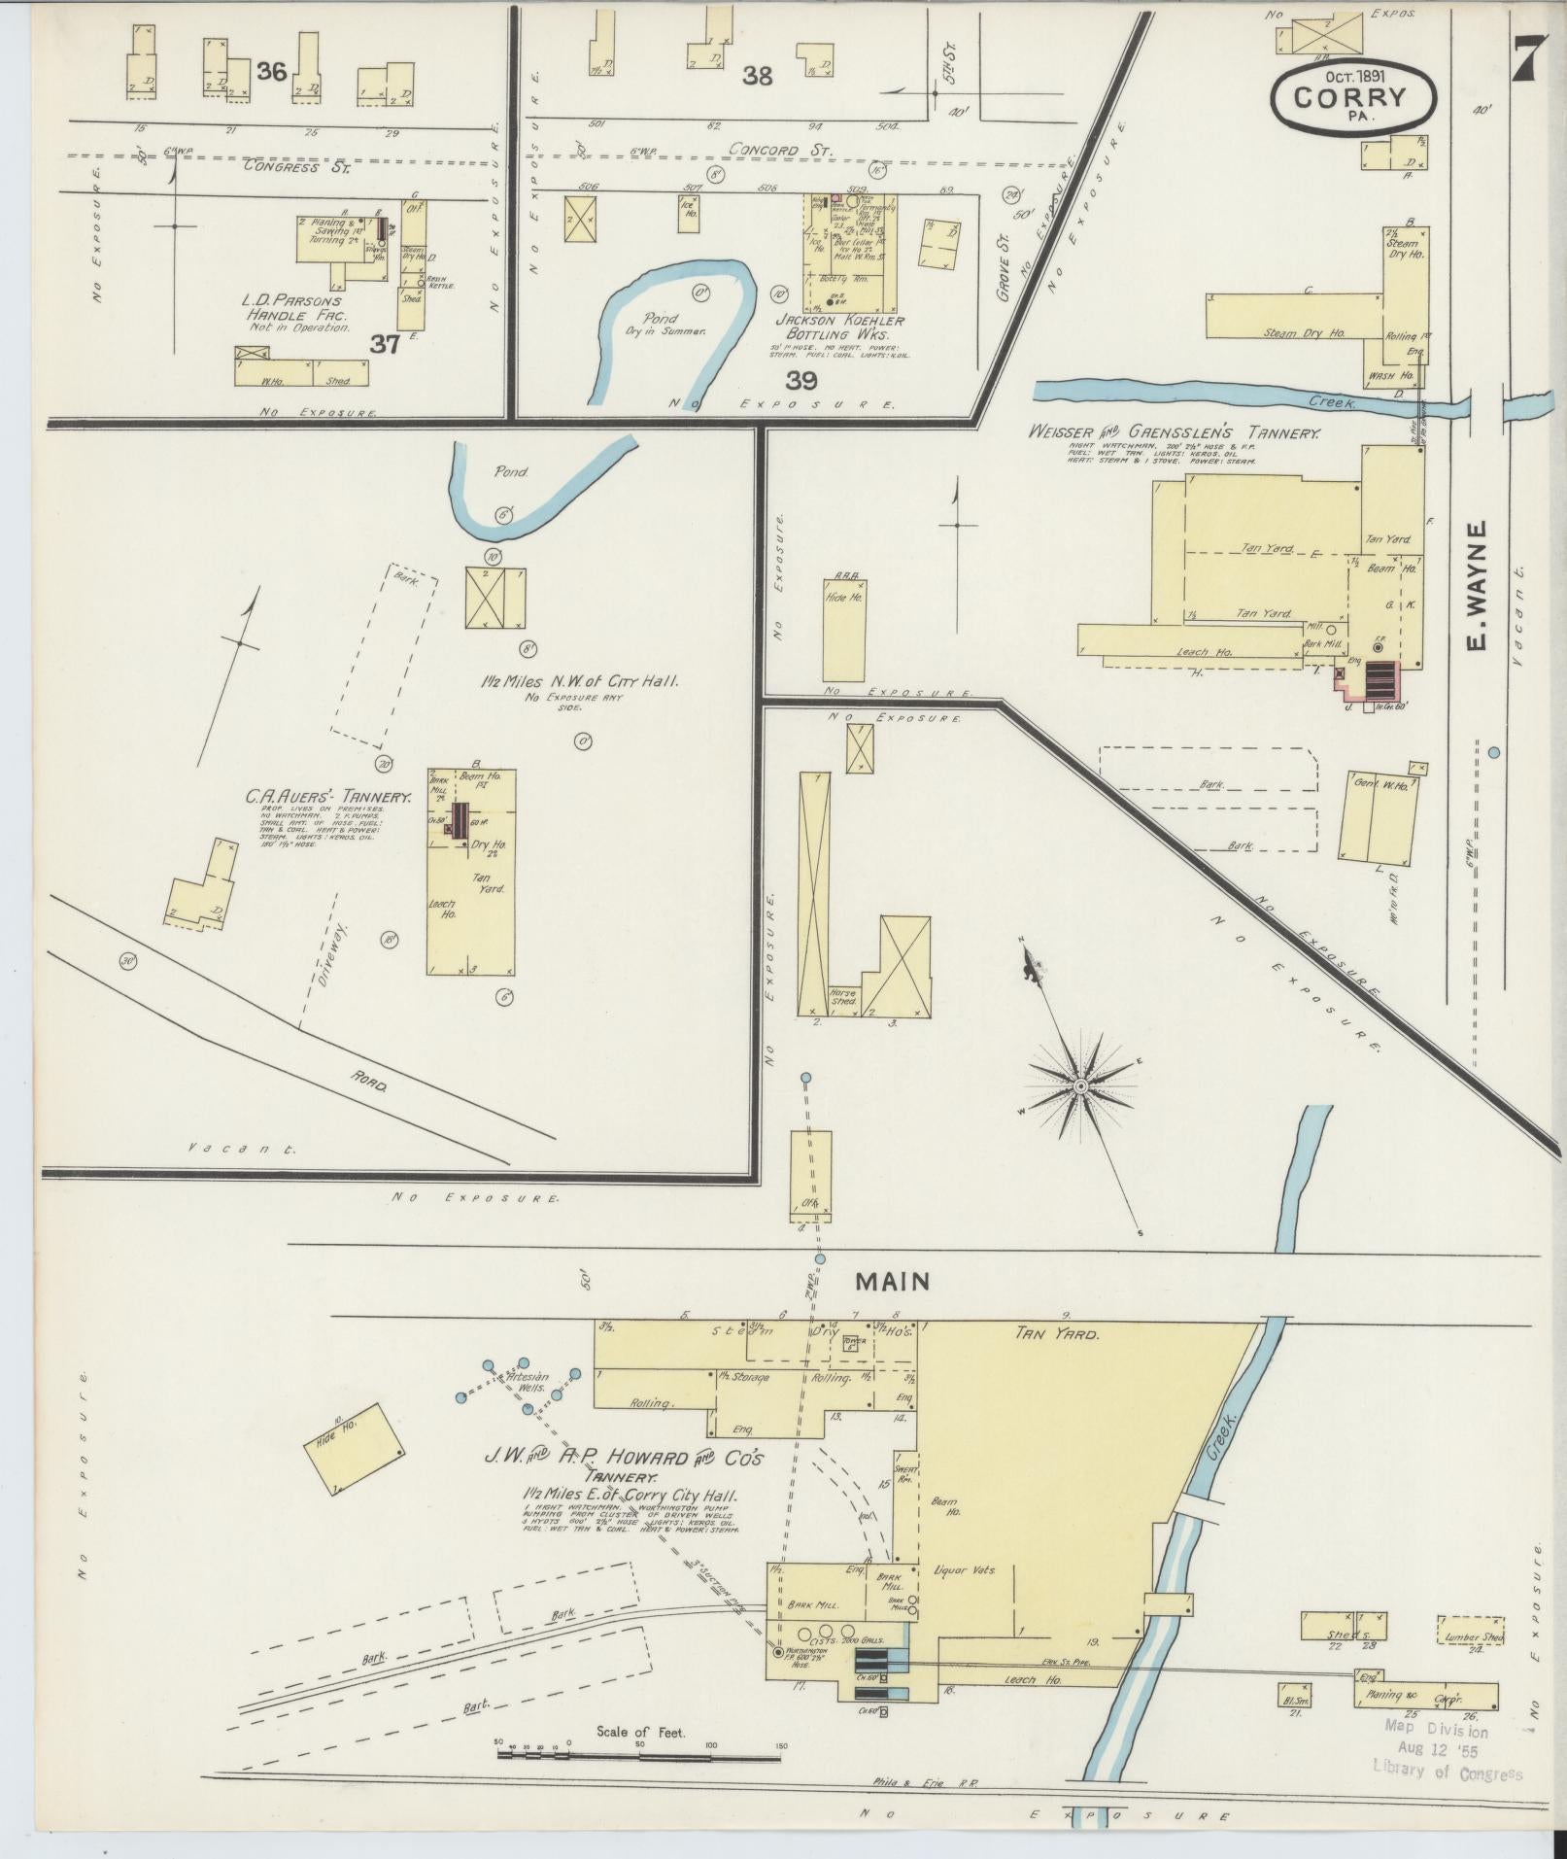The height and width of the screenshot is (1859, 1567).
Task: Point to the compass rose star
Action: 1079,1084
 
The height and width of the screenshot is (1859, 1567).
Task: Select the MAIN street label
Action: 892,1282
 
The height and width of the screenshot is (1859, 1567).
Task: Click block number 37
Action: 385,343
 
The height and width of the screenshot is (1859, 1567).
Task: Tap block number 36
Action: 272,70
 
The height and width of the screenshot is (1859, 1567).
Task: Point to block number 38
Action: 757,75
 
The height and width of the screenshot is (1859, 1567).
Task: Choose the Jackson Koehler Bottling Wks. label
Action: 839,327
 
